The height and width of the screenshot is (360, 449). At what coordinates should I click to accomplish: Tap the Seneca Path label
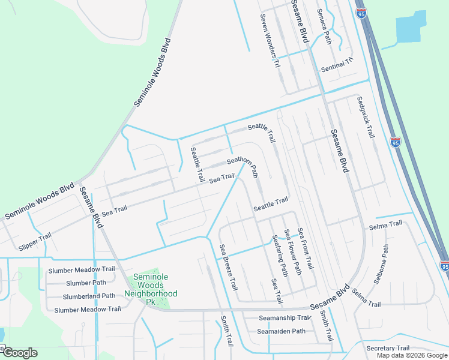pos(324,29)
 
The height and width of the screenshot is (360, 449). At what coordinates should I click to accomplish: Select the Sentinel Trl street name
pos(338,65)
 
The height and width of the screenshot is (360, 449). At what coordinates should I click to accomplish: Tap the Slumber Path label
pos(86,283)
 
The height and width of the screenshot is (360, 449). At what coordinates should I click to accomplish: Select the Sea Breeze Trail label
pos(229,267)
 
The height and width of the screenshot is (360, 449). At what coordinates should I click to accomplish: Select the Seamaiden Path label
pos(282,331)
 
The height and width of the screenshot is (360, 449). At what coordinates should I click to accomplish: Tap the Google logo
pos(19,353)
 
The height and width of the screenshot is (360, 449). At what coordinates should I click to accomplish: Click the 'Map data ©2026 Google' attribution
pos(412,355)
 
